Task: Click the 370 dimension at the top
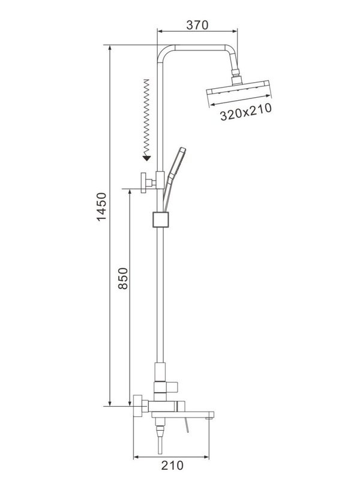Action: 197,25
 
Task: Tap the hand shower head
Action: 178,162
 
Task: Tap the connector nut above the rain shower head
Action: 235,79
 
